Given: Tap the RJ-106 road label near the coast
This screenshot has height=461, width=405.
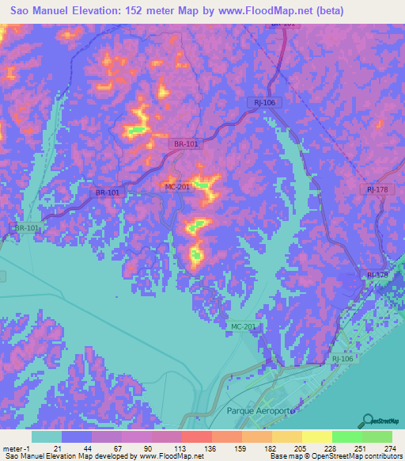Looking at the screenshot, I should tap(343, 359).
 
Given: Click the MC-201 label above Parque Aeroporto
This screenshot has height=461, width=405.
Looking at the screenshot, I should tap(244, 327).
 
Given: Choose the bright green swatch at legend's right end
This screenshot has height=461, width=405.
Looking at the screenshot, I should tap(377, 436).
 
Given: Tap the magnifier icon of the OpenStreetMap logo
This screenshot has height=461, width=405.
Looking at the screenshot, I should tap(369, 420).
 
